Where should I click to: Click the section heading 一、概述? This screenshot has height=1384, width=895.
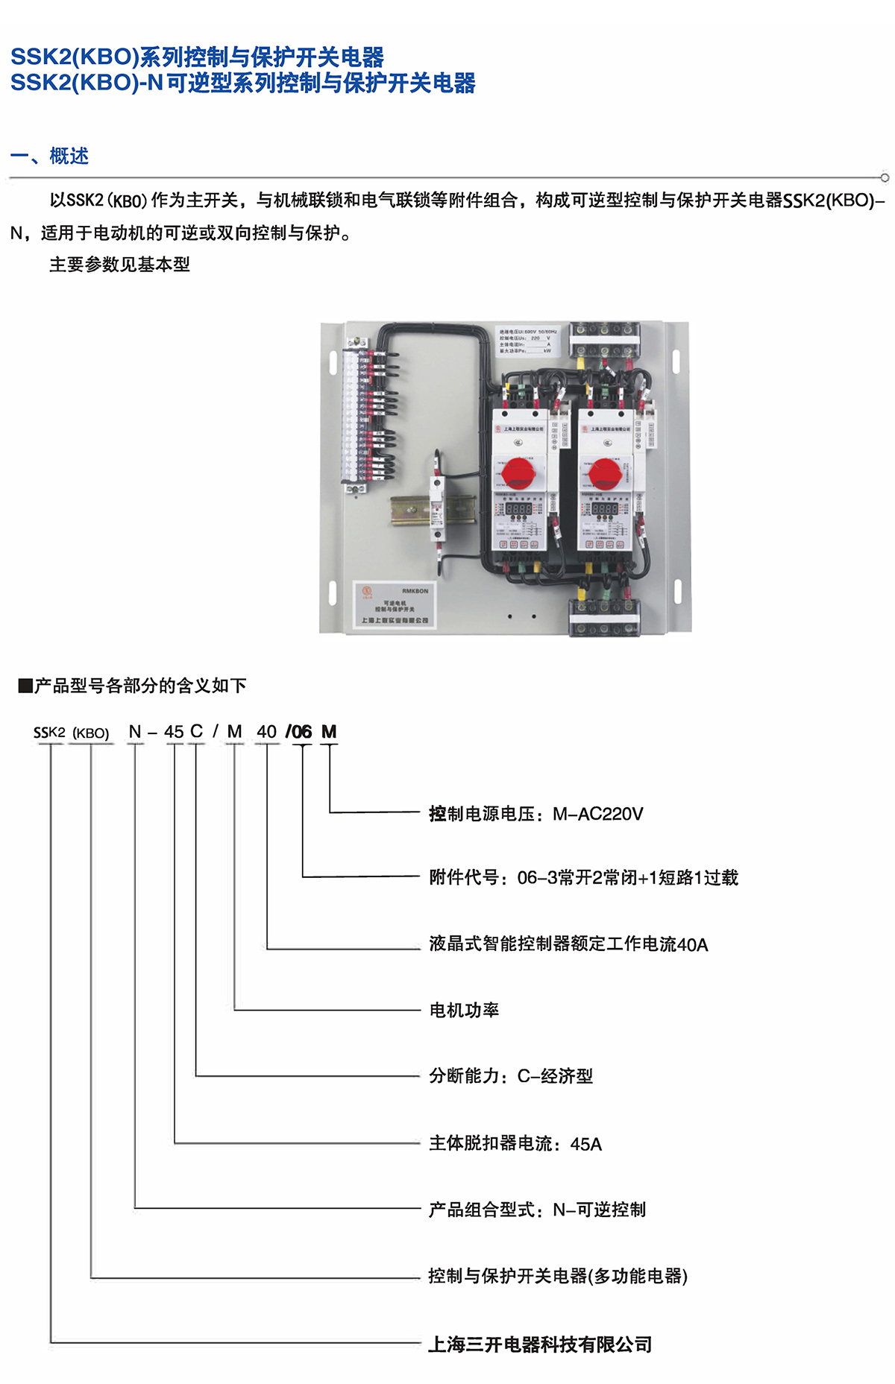coord(50,156)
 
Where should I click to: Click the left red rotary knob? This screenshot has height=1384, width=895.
coord(518,473)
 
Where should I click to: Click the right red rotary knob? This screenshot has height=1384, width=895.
coord(604,473)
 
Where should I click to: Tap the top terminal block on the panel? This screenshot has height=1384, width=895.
coord(605,340)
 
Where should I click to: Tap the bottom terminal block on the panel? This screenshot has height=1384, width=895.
coord(605,618)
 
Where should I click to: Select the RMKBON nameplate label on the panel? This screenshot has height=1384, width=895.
coord(394,605)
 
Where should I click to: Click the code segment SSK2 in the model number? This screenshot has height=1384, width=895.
coord(49,733)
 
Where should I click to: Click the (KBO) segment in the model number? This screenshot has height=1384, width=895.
coord(91,733)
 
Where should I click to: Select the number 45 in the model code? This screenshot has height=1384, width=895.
coord(174,732)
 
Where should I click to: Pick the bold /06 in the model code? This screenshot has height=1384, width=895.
coord(299,732)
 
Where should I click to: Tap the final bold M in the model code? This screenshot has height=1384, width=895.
coord(329,732)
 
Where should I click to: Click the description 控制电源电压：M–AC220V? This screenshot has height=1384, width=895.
coord(536,814)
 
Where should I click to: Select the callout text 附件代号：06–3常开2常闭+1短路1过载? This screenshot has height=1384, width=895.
coord(583,878)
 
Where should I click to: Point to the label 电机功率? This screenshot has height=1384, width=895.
coord(464,1010)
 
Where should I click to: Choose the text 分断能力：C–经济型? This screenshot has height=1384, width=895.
coord(511,1076)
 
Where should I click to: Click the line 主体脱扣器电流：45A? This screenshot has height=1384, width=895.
coord(515,1143)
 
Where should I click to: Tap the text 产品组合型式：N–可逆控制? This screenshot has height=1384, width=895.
coord(537,1210)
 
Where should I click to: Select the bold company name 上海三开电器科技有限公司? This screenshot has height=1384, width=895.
coord(540,1344)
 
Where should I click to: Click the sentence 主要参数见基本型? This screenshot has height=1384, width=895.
coord(119,265)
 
